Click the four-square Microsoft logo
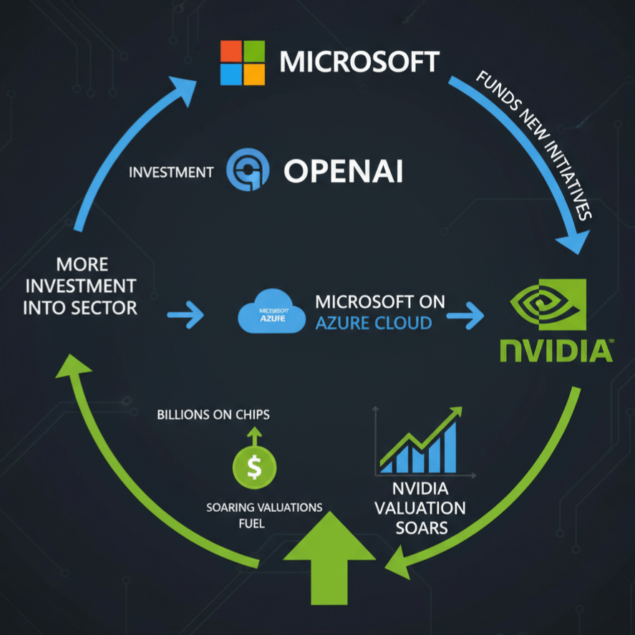[243, 63]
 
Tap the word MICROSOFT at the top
[359, 62]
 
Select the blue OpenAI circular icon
[248, 171]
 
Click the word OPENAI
[344, 171]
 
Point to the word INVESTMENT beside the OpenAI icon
[171, 172]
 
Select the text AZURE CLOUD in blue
[374, 323]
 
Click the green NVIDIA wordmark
[555, 352]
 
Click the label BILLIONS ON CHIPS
[214, 415]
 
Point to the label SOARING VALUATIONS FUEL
[264, 515]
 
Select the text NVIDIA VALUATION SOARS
[420, 509]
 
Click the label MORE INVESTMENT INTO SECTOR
[80, 286]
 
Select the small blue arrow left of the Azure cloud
[185, 314]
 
